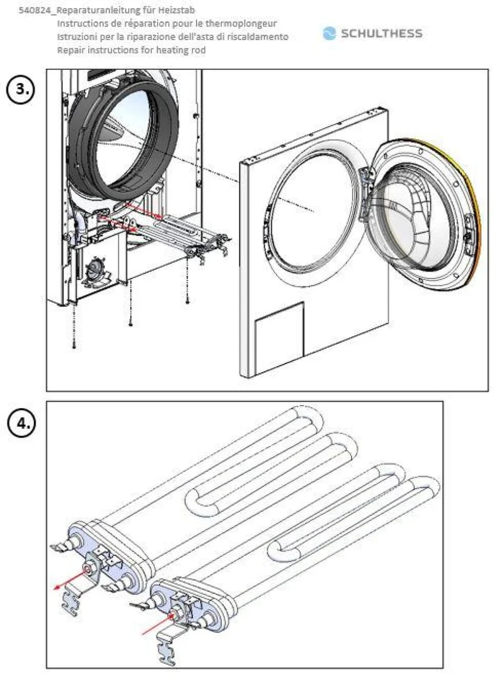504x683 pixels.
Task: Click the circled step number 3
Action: (21, 89)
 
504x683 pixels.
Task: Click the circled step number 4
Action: (21, 423)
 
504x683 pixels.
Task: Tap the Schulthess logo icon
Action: (329, 33)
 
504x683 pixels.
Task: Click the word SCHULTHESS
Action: (382, 33)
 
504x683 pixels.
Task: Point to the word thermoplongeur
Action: (241, 23)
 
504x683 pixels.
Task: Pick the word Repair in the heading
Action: (71, 50)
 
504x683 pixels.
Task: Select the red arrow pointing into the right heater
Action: (156, 624)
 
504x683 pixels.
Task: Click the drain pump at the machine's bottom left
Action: (94, 270)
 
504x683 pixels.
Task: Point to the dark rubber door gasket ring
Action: (77, 144)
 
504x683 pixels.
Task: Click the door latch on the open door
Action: (468, 229)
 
